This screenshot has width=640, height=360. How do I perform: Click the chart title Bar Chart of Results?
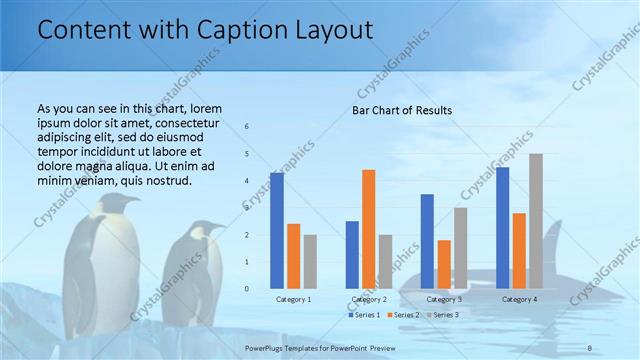click(401, 110)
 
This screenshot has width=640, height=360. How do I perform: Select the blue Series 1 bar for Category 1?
click(277, 230)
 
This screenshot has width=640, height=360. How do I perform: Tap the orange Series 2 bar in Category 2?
click(368, 229)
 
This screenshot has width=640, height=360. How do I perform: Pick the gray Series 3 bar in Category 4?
click(536, 221)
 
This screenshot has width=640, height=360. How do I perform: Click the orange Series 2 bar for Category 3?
click(444, 264)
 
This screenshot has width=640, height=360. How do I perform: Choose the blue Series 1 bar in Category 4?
click(502, 227)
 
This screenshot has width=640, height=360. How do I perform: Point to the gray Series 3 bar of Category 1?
click(310, 261)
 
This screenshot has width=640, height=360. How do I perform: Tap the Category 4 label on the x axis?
click(519, 299)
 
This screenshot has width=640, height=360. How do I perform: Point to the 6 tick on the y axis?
click(247, 127)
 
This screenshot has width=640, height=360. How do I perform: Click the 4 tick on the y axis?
click(247, 181)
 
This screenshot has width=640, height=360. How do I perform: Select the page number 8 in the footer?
click(590, 347)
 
